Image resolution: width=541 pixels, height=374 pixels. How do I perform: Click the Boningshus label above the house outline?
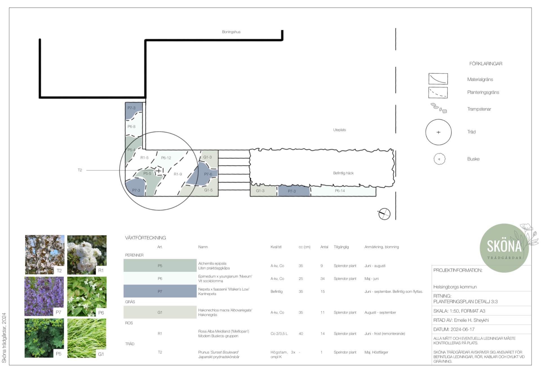231,32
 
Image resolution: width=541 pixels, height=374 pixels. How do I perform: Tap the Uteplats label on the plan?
339,130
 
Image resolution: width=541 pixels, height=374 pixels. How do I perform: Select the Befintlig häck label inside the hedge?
343,173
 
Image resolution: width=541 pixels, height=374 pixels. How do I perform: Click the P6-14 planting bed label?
340,191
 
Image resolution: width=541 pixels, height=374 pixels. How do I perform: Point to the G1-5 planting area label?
208,190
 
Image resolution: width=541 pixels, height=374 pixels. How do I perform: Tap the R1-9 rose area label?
178,174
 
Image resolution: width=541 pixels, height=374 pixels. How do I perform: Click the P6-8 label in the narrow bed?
131,126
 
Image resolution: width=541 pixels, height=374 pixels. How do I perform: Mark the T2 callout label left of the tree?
80,170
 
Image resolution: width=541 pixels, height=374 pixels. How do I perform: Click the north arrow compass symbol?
384,214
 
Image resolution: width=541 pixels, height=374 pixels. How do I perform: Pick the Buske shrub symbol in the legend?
439,159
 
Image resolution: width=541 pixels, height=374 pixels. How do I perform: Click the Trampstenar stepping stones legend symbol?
439,108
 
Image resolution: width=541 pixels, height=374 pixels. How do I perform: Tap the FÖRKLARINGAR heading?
485,64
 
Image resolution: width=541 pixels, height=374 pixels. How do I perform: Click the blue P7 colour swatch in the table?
160,291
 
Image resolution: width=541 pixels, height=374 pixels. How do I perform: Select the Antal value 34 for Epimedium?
322,279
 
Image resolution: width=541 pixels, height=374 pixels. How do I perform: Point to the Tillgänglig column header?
341,247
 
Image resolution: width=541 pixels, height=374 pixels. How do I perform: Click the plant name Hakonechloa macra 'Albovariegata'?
225,310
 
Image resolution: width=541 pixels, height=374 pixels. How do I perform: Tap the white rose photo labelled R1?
87,255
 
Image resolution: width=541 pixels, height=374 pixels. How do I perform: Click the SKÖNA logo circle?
504,248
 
